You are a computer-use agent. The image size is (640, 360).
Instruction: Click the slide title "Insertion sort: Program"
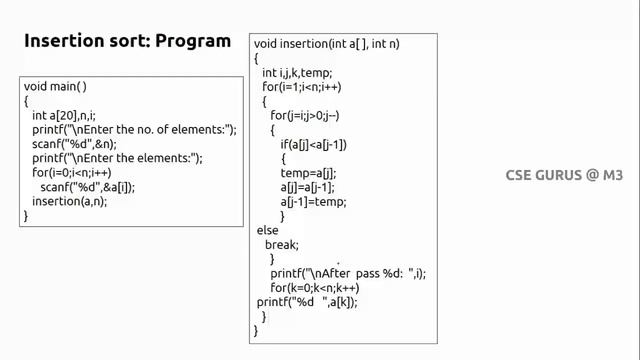pos(127,42)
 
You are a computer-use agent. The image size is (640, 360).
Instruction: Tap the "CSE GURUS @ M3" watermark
pos(564,175)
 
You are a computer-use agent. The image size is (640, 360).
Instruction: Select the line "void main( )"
pos(55,87)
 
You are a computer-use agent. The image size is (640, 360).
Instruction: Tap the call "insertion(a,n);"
pos(69,201)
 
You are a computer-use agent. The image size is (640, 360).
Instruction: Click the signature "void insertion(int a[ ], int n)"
pos(329,44)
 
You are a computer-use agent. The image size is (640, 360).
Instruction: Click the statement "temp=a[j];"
pos(308,173)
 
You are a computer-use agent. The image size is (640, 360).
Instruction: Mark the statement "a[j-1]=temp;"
pos(313,202)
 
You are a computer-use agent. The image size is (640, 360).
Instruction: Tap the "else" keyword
pos(268,230)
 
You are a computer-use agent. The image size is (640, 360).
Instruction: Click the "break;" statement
pos(282,244)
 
